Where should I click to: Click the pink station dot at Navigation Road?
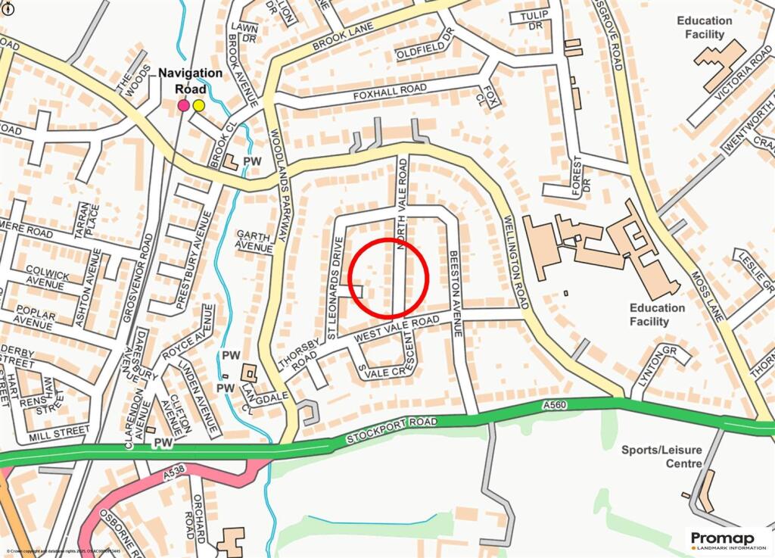pos(183,106)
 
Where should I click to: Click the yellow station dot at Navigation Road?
pos(198,105)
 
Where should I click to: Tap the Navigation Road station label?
pos(190,80)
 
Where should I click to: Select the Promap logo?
pos(727,539)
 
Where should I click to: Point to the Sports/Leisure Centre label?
pos(661,457)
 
